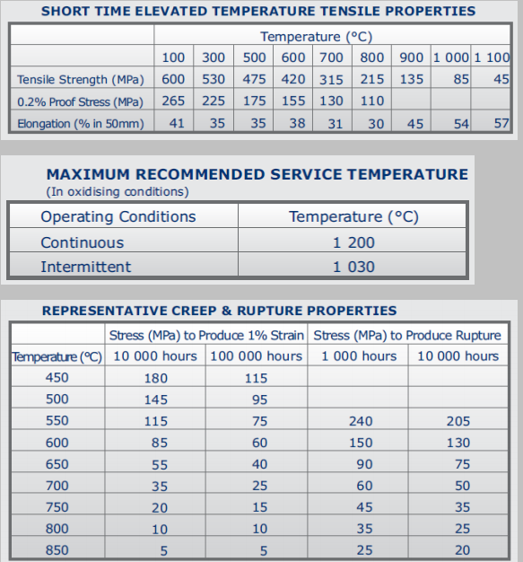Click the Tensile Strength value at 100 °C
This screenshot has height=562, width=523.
click(173, 79)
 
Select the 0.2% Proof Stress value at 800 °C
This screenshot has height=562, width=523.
click(372, 101)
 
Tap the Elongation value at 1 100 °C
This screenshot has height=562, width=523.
click(501, 123)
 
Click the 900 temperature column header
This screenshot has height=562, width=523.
click(412, 57)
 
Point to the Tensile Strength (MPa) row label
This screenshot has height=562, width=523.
click(81, 80)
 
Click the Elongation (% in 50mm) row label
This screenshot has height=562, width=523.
click(81, 124)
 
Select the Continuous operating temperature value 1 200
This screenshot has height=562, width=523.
click(353, 242)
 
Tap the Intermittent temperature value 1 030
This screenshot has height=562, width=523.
click(353, 267)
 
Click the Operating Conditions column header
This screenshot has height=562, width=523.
click(118, 216)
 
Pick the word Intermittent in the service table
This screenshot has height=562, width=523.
click(86, 267)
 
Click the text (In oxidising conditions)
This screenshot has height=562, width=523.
click(118, 192)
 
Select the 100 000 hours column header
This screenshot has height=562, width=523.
click(257, 356)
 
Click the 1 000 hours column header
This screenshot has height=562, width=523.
click(359, 356)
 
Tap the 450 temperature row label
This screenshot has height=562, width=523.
click(57, 377)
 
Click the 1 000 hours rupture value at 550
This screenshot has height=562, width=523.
click(361, 421)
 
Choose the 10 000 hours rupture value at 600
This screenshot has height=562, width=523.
click(458, 443)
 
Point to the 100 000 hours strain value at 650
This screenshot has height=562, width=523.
click(259, 464)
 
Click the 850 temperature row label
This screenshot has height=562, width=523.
click(57, 550)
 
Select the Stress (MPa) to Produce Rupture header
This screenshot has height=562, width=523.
click(407, 336)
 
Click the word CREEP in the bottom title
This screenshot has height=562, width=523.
click(195, 311)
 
